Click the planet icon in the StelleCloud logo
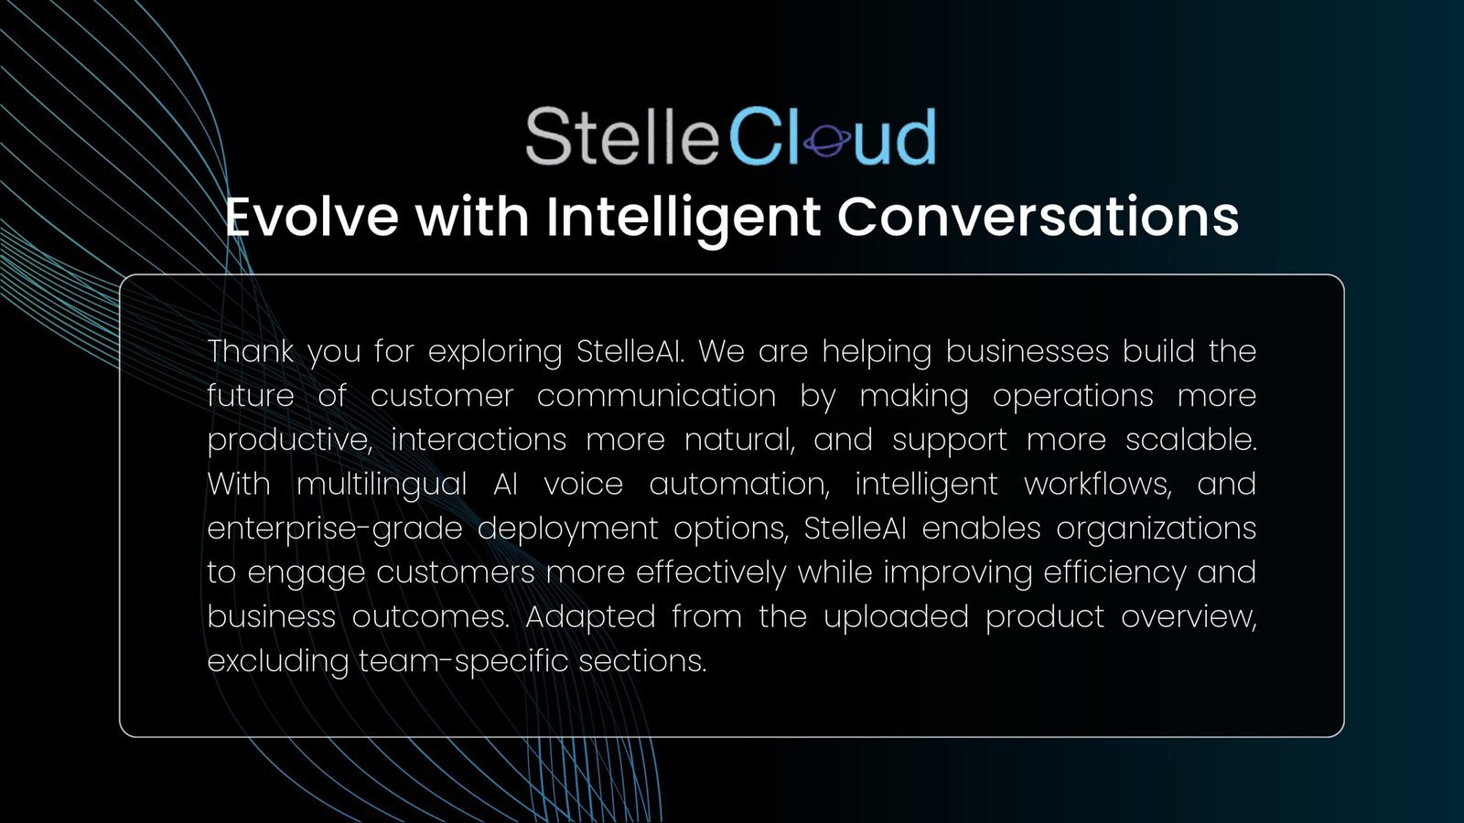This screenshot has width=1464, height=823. point(827,141)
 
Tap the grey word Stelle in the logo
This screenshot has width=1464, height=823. point(622,136)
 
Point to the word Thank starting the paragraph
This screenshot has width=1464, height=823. point(251,351)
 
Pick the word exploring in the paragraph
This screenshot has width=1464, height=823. point(495,353)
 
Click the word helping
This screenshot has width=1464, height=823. point(877,353)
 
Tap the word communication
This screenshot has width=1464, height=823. point(656,396)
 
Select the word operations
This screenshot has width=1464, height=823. point(1072,397)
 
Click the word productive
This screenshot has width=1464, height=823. point(289,440)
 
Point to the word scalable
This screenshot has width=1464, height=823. point(1190,439)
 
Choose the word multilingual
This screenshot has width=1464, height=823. point(382,486)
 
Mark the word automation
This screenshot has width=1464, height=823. point(739,485)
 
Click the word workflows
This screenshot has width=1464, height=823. point(1098,485)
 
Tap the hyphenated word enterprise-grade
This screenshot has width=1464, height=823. point(335,529)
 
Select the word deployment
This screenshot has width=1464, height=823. point(567,529)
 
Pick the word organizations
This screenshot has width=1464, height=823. point(1157,529)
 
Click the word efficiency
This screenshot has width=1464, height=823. point(1114,573)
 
